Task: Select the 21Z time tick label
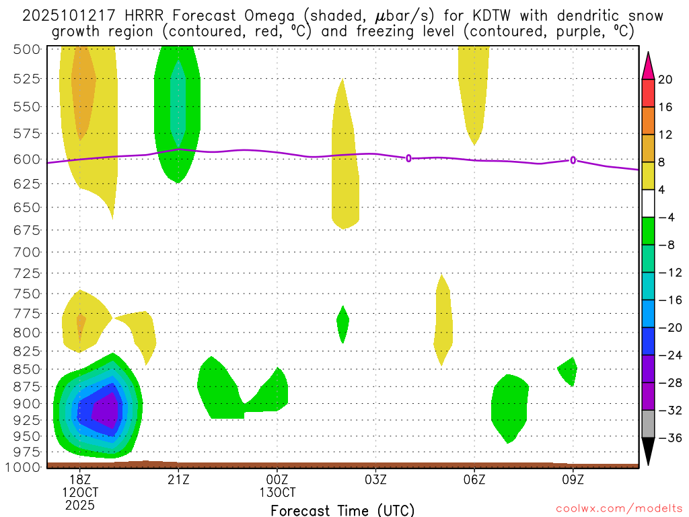point(178,479)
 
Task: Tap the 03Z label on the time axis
point(375,479)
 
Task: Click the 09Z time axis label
point(573,479)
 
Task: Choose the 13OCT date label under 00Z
point(277,492)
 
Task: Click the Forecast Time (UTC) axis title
point(342,510)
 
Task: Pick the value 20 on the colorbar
point(665,79)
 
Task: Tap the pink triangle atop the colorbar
point(648,65)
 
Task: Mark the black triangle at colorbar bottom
point(648,452)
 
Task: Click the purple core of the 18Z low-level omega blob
point(104,409)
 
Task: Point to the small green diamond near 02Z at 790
point(343,323)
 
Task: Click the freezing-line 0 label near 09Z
point(573,160)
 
